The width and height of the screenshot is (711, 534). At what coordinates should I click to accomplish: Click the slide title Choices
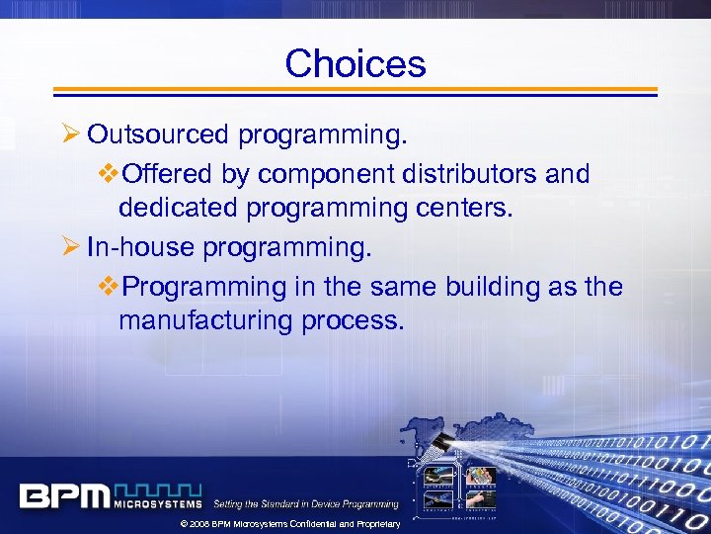[355, 64]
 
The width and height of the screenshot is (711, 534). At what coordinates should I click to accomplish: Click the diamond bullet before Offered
[109, 174]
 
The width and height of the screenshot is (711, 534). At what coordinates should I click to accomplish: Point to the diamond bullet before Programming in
[109, 287]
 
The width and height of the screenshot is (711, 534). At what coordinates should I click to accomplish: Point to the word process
[357, 320]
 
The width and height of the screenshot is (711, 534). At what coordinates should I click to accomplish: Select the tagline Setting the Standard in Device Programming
[306, 504]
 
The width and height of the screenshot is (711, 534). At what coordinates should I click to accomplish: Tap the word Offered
[165, 174]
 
